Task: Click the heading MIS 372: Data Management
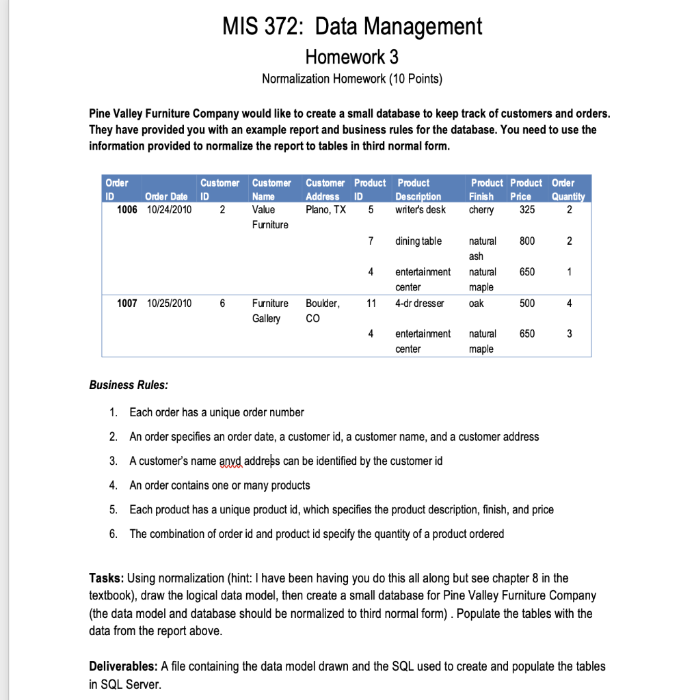[352, 27]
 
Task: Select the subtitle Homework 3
[351, 55]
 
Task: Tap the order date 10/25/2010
[170, 303]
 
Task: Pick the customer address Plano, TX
[325, 210]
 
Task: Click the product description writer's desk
[421, 210]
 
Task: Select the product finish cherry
[482, 210]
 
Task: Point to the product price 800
[527, 241]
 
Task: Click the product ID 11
[370, 303]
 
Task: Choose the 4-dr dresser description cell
[419, 303]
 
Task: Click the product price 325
[527, 210]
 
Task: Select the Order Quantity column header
[568, 189]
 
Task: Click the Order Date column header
[168, 197]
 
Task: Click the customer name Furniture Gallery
[270, 310]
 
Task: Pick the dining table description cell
[418, 241]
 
